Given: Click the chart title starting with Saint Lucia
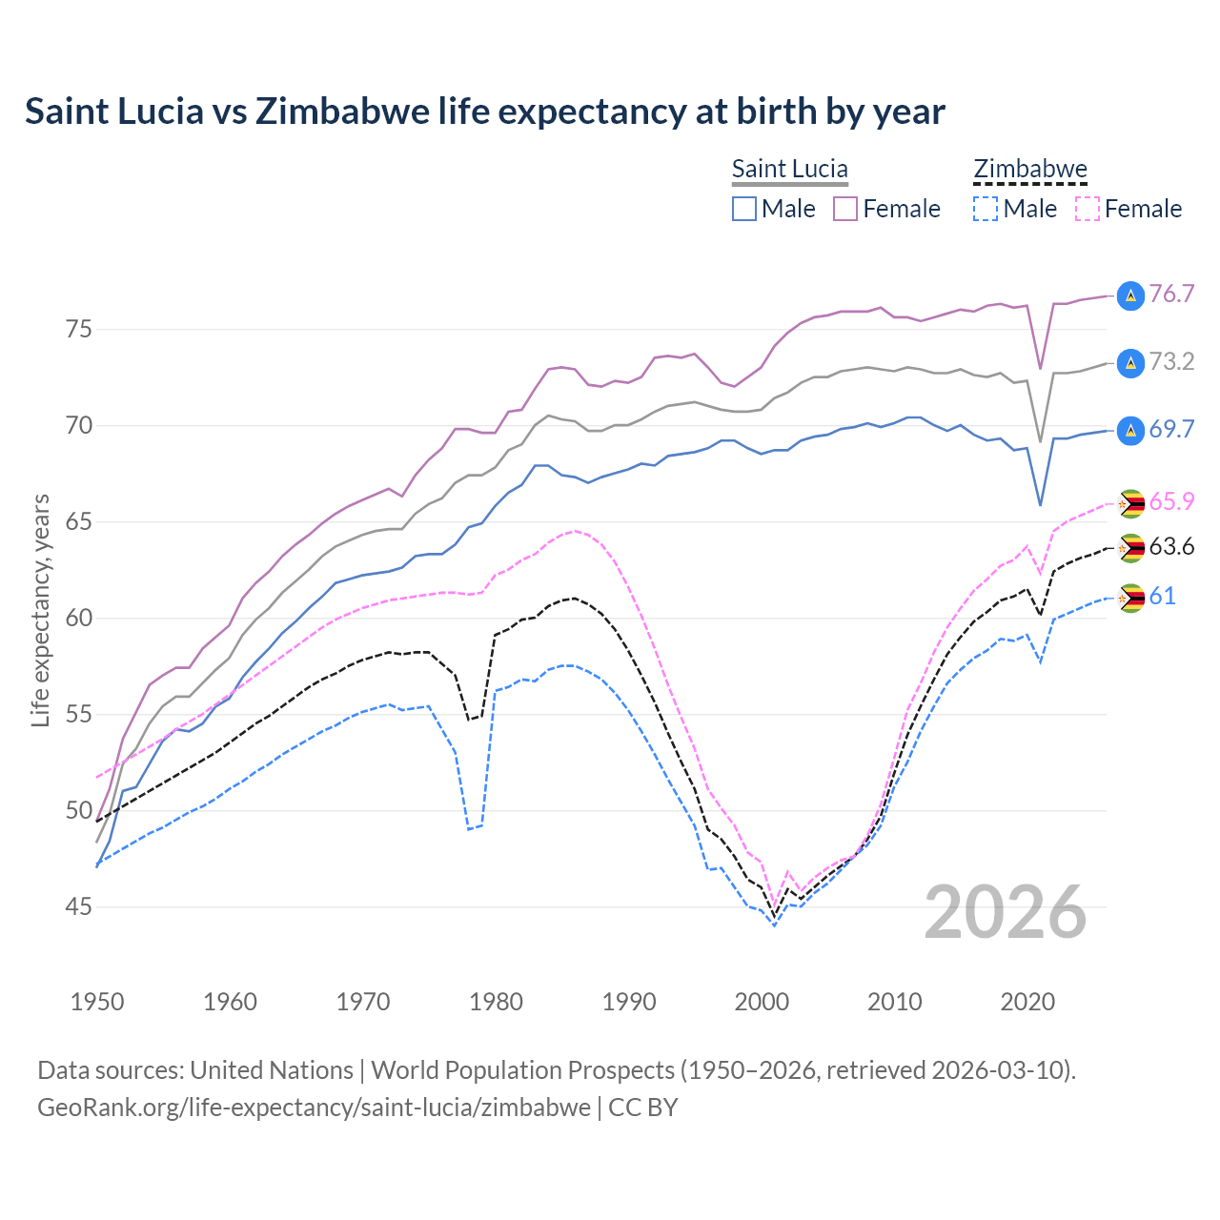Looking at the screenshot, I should click(x=484, y=112).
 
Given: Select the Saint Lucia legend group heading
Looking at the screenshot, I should click(x=789, y=170).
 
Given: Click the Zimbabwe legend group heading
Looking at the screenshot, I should click(x=1029, y=170).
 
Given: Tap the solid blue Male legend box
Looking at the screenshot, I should click(x=744, y=209).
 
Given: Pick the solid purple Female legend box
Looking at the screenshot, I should click(x=845, y=209).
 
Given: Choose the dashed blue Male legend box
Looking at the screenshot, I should click(x=986, y=209).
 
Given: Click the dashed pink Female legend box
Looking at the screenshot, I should click(x=1087, y=209).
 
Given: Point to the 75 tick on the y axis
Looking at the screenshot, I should click(x=79, y=330).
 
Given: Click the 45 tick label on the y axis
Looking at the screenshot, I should click(x=79, y=906).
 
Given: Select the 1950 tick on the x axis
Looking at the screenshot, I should click(x=97, y=1002).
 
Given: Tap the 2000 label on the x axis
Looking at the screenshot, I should click(x=762, y=1002).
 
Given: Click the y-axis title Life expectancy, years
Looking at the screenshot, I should click(x=40, y=610).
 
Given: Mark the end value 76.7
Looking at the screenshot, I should click(x=1171, y=295).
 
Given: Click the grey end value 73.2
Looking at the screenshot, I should click(x=1171, y=362).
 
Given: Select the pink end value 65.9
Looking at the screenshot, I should click(x=1171, y=502).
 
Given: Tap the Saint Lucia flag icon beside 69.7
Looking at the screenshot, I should click(x=1130, y=431).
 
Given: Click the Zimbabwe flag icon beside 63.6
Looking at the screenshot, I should click(x=1131, y=548).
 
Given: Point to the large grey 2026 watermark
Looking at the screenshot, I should click(x=1005, y=912).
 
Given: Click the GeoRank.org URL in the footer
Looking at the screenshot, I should click(x=314, y=1108).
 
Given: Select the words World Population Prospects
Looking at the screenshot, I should click(x=522, y=1070).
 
